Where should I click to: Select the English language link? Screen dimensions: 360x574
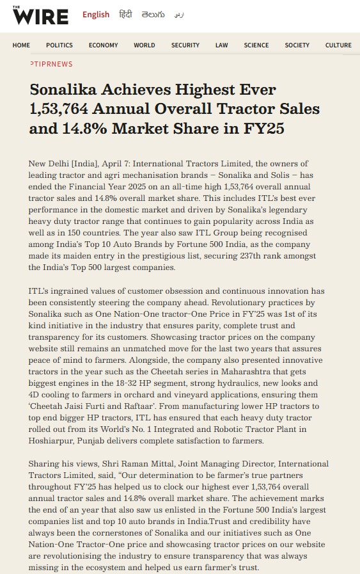(x=96, y=15)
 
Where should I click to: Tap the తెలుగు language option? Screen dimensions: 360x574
(x=153, y=15)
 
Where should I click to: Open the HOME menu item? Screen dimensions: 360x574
(x=21, y=45)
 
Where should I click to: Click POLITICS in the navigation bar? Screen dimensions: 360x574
(x=59, y=45)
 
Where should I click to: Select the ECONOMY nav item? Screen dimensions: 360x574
(x=103, y=45)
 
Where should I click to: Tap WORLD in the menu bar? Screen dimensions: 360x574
(x=145, y=45)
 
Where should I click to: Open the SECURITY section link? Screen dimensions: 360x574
(x=185, y=45)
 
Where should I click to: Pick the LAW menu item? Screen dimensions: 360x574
(x=222, y=45)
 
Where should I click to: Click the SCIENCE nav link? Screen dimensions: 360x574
(x=256, y=45)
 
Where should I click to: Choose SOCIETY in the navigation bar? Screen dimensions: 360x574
(x=297, y=45)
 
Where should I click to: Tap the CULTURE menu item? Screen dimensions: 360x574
(x=338, y=45)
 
